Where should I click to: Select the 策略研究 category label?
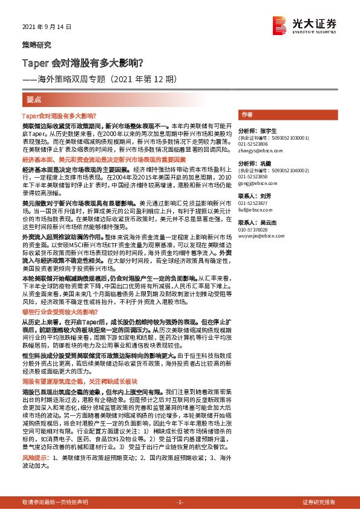[x=36, y=45]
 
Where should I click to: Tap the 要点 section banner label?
[x=34, y=99]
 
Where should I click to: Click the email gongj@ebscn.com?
[x=252, y=183]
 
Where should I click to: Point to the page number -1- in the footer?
[x=180, y=502]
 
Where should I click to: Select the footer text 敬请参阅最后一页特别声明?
[x=54, y=502]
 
